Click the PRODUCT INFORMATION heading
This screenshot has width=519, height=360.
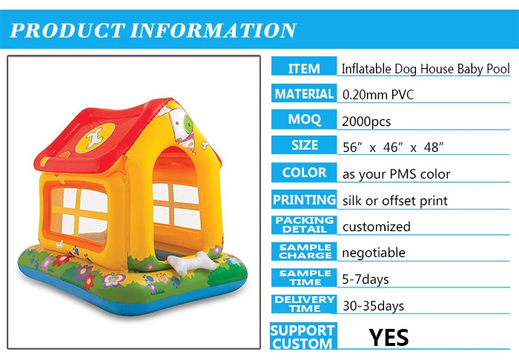tap(153, 30)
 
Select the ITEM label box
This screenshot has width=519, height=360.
tap(304, 66)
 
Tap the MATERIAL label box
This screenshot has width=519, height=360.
tap(304, 93)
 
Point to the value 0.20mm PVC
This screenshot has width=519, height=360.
tap(378, 95)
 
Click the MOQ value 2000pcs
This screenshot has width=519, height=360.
tap(366, 121)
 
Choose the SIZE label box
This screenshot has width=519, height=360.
tap(304, 145)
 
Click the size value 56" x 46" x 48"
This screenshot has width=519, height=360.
tap(393, 147)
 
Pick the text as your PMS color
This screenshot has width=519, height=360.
tap(396, 174)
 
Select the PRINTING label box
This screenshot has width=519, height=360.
tap(304, 199)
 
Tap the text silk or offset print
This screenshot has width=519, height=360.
tap(395, 201)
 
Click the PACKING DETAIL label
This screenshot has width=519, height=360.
tap(304, 225)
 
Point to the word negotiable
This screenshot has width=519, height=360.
tap(374, 253)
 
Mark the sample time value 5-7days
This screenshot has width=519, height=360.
tap(366, 279)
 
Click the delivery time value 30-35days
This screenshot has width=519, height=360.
tap(373, 306)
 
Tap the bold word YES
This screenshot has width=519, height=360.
tap(389, 338)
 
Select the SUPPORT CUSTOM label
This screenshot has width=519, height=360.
tap(303, 336)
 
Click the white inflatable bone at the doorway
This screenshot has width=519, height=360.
tap(191, 263)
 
